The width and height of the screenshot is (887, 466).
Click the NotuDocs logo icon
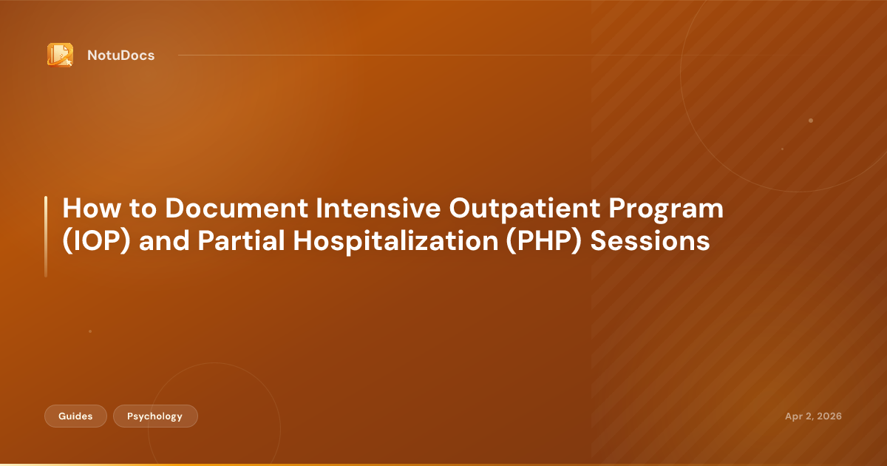pos(60,55)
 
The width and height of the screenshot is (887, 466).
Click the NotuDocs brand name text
pos(120,55)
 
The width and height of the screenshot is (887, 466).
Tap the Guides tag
pos(75,416)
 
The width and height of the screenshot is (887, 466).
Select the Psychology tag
pos(155,416)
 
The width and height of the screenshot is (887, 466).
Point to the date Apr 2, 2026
pos(813,416)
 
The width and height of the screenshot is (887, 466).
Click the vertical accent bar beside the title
pos(46,237)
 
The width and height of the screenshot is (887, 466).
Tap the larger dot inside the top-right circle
pos(811,120)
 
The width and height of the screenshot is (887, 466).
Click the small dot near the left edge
pos(90,331)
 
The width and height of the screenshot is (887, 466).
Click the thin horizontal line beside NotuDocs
pos(443,55)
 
